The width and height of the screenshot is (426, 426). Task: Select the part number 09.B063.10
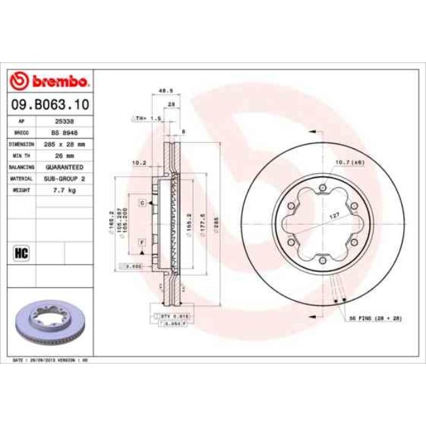pyautogui.click(x=50, y=104)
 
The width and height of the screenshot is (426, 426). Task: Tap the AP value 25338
pyautogui.click(x=64, y=122)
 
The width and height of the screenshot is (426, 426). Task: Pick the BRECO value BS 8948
pyautogui.click(x=64, y=133)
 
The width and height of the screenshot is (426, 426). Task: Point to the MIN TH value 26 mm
pyautogui.click(x=64, y=155)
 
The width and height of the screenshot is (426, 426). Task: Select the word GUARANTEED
pyautogui.click(x=64, y=166)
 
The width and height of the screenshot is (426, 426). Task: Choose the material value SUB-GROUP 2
pyautogui.click(x=64, y=178)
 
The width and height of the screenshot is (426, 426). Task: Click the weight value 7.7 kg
pyautogui.click(x=64, y=189)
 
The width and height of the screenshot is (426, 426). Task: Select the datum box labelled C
pyautogui.click(x=142, y=204)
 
